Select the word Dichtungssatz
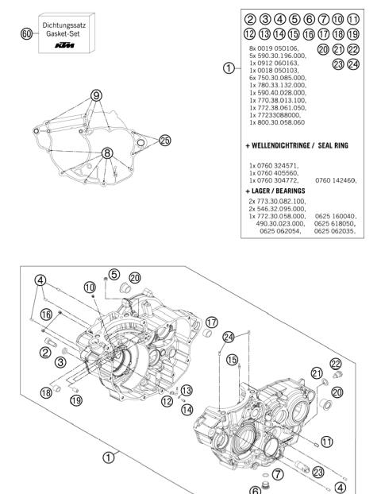pyautogui.click(x=65, y=25)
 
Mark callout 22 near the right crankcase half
pyautogui.click(x=335, y=363)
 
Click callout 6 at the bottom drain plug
pyautogui.click(x=256, y=490)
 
